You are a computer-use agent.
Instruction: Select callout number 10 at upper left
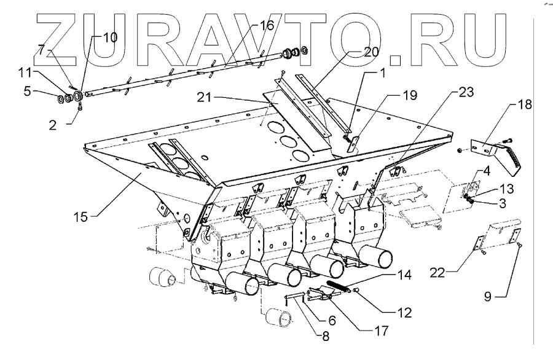point(109,37)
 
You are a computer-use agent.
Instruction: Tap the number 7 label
point(41,49)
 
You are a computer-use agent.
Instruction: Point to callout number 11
point(25,72)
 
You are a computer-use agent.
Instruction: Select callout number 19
point(409,95)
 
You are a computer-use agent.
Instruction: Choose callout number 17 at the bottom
point(381,331)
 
